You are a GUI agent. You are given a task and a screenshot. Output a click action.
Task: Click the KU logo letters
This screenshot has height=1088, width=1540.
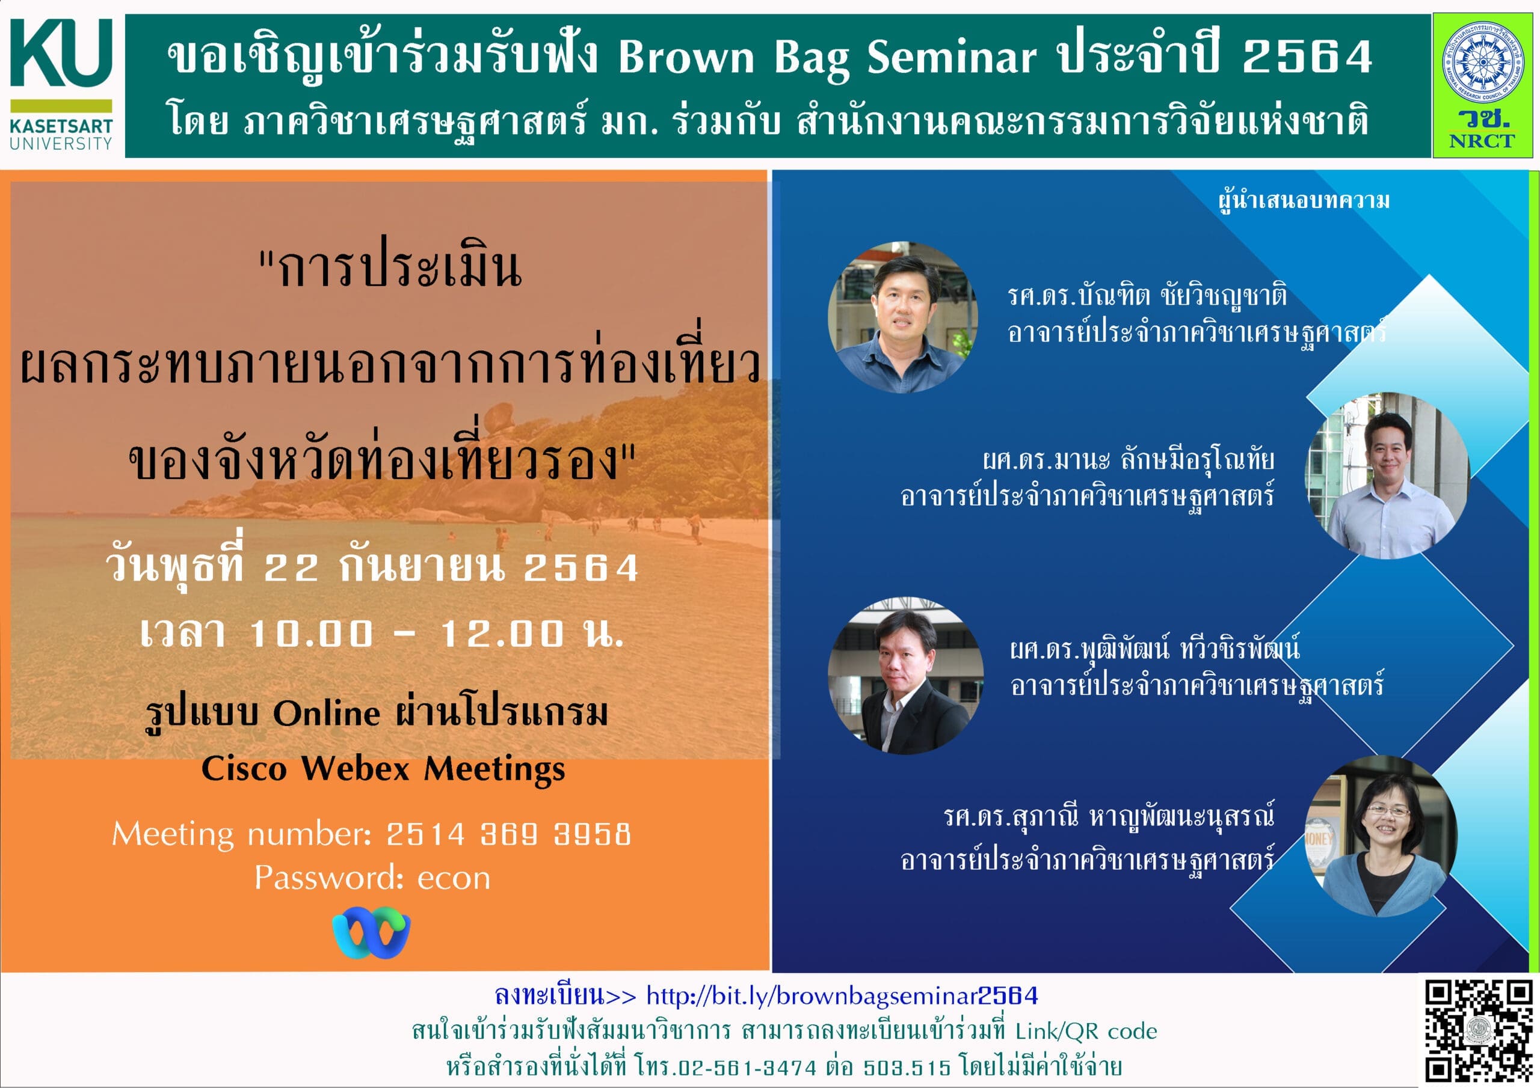[x=61, y=53]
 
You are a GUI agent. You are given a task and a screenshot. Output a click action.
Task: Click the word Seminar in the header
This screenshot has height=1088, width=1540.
[x=952, y=57]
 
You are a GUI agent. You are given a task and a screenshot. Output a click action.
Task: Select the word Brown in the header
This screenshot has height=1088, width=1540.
[x=687, y=57]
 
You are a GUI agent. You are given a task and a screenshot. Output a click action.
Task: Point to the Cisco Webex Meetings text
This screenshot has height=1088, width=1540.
[x=383, y=769]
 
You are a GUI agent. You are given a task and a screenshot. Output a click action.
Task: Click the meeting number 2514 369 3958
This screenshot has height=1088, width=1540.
[x=508, y=834]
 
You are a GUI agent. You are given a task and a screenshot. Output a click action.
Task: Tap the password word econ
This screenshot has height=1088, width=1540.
[x=454, y=879]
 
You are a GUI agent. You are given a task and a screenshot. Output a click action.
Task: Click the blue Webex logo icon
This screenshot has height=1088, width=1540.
[x=371, y=932]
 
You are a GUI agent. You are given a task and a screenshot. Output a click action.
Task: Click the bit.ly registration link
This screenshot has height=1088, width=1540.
[x=842, y=996]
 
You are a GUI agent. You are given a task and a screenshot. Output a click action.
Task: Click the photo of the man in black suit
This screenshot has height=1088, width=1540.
[x=905, y=676]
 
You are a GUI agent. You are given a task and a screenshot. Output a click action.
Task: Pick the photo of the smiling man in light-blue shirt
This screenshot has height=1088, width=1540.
[x=1386, y=475]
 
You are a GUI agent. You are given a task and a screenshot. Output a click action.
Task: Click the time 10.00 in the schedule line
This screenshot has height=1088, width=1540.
[x=311, y=634]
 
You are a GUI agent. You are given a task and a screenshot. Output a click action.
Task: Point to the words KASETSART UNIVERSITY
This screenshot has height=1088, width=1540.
[x=61, y=134]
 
